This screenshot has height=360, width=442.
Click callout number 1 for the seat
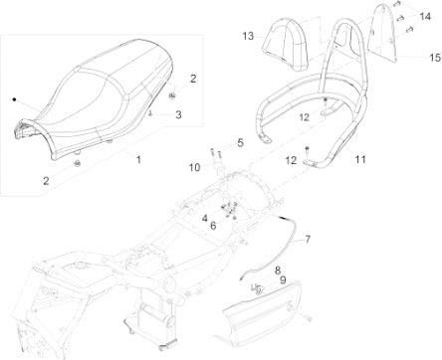click(138, 159)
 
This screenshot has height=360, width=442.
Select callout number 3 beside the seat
click(178, 114)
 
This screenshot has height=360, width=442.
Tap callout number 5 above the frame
click(241, 143)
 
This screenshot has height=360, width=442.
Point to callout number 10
click(195, 167)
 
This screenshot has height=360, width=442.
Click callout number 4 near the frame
click(205, 218)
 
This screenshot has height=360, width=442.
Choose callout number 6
click(213, 226)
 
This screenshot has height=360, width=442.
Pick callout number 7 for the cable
click(308, 239)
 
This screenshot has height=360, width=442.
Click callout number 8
click(278, 270)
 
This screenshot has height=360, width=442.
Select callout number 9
click(283, 280)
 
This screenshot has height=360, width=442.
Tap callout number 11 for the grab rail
click(360, 159)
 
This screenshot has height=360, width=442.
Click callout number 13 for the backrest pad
click(248, 36)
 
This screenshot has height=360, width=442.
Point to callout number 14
click(425, 16)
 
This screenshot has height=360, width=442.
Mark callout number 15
click(435, 58)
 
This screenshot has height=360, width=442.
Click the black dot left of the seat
click(14, 98)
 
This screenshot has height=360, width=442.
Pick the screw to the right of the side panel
click(309, 318)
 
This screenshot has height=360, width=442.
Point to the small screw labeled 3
click(151, 113)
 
